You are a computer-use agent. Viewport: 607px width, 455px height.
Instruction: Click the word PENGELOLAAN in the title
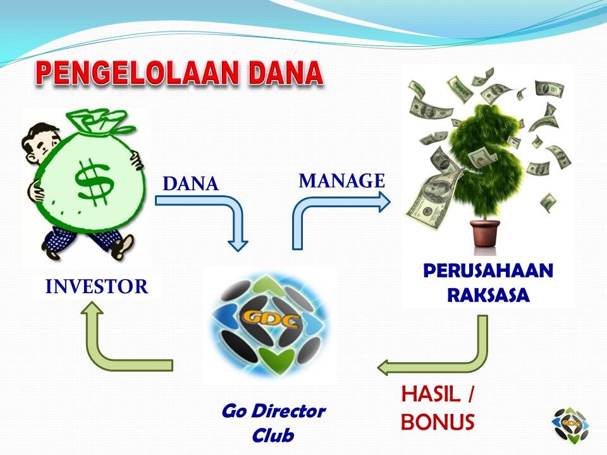tap(137, 73)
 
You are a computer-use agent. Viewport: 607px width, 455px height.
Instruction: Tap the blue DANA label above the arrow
tap(191, 184)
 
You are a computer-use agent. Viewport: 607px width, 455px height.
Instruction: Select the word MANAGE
tap(342, 181)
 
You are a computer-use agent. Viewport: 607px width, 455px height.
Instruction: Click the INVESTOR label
tap(97, 287)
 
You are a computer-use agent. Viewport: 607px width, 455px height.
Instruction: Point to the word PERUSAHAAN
tap(489, 270)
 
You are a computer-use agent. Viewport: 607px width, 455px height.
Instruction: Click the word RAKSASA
tap(488, 295)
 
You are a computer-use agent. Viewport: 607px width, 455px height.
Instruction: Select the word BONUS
tap(438, 422)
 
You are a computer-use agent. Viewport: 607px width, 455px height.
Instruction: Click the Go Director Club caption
tap(273, 423)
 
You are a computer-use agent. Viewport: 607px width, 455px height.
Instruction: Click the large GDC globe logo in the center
tap(270, 324)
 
